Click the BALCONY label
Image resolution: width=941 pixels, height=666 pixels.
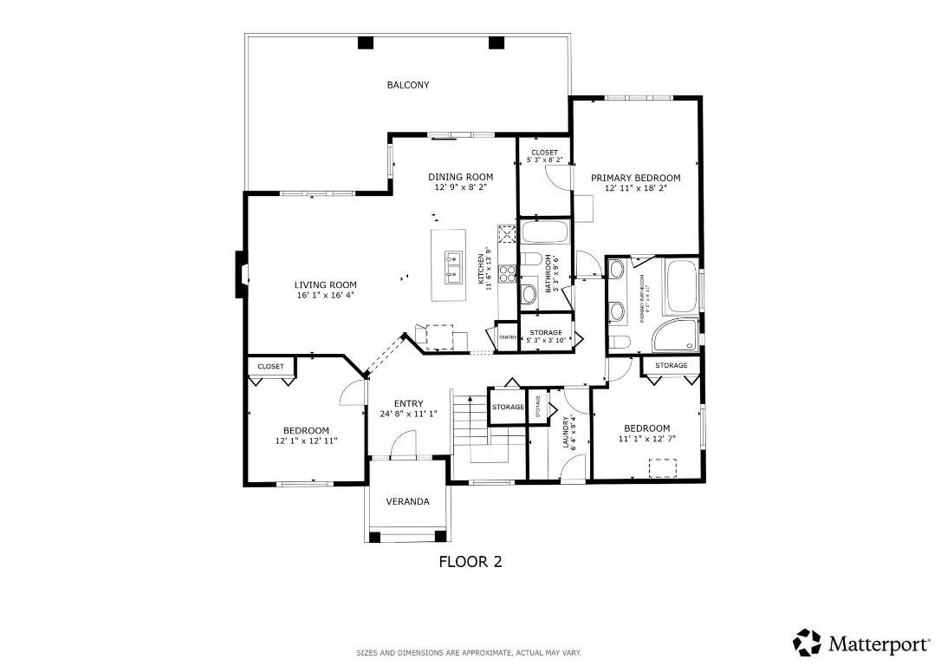[408, 85]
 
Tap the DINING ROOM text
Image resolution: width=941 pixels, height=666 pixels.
[460, 177]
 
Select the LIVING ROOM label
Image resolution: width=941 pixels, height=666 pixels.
[325, 284]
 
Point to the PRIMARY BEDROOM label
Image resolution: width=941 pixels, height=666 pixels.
[635, 178]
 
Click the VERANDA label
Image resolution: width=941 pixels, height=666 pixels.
[407, 501]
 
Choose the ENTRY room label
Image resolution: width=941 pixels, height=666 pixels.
[408, 403]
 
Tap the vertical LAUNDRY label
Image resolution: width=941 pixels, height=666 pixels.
[565, 431]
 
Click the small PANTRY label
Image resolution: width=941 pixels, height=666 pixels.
[507, 337]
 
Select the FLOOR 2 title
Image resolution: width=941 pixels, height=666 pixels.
[470, 561]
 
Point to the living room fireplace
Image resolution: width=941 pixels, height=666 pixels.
[240, 275]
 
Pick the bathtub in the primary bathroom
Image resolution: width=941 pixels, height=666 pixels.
[681, 287]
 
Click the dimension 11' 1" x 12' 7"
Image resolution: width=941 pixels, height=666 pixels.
[646, 439]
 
